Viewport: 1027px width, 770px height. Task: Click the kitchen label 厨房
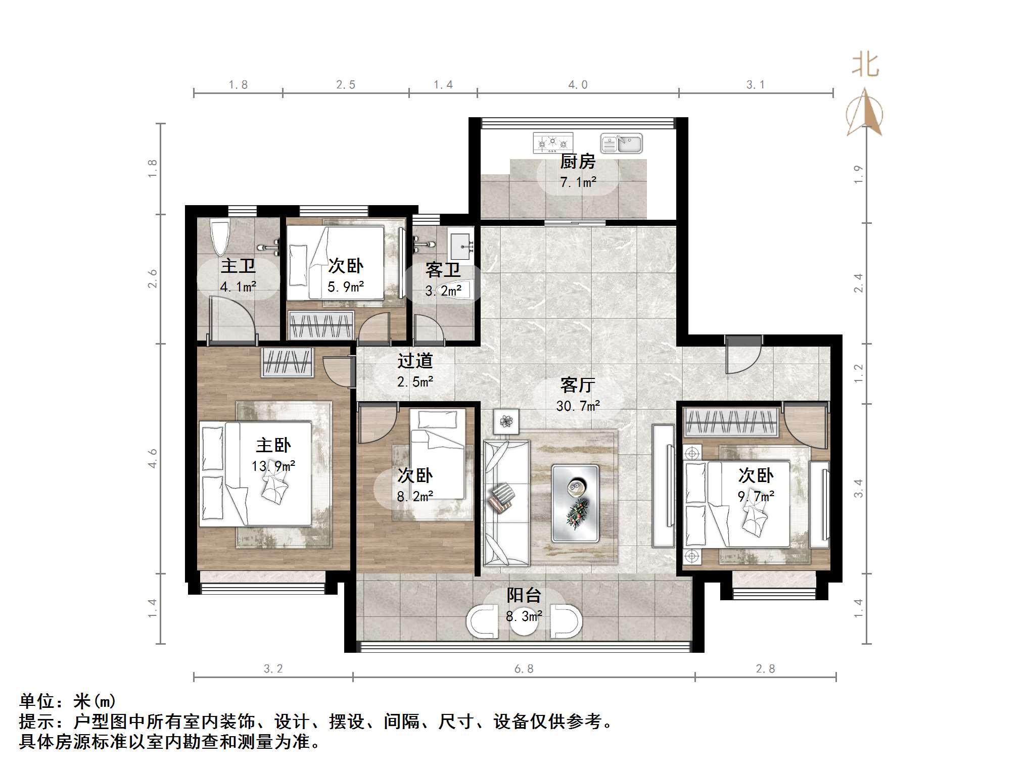[578, 162]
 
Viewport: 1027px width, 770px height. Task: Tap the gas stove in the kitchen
[553, 143]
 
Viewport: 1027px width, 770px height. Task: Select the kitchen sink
[621, 143]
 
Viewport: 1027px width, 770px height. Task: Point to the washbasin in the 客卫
[460, 245]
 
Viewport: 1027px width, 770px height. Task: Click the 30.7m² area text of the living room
[578, 406]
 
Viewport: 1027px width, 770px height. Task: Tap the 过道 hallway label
[415, 361]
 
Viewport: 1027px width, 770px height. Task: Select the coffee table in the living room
[575, 503]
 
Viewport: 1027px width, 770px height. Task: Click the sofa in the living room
[506, 503]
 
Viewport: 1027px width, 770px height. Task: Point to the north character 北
[865, 66]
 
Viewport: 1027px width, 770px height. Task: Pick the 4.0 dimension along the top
[578, 85]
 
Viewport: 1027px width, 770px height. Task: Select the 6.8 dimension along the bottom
[524, 669]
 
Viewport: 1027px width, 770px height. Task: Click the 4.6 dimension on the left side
[153, 458]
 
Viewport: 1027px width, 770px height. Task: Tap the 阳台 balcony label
[524, 596]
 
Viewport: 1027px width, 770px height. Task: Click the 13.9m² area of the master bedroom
[273, 466]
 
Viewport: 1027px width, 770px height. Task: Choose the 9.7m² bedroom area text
[756, 497]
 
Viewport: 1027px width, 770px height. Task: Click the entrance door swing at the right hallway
[743, 357]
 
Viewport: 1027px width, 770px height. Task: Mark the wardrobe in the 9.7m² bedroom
[730, 422]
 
